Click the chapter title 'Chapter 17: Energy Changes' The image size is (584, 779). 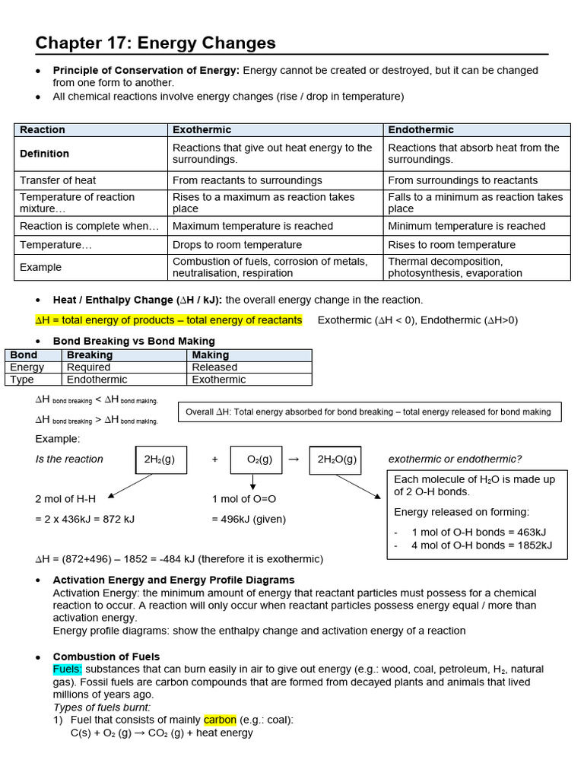tap(155, 43)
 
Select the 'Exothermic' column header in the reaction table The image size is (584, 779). tap(202, 130)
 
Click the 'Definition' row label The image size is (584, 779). tap(44, 154)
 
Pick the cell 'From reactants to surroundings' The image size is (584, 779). tap(247, 180)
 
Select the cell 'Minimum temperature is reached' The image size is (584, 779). tap(466, 226)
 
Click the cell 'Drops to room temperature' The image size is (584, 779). tap(237, 245)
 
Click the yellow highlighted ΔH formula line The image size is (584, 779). tap(169, 320)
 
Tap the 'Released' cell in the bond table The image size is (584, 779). tap(214, 367)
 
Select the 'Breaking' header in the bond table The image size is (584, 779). tap(90, 355)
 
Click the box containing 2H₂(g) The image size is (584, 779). tap(160, 459)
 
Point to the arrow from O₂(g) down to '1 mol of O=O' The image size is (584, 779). tap(253, 482)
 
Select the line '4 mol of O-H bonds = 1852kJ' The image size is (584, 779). tap(481, 545)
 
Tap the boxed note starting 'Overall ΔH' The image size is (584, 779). tap(369, 412)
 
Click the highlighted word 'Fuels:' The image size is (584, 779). tap(67, 669)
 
